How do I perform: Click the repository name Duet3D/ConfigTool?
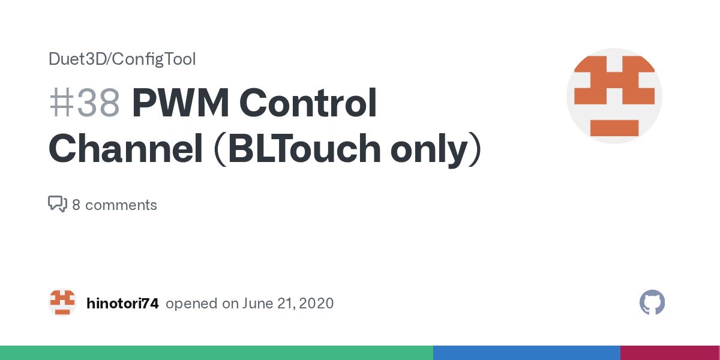pyautogui.click(x=122, y=59)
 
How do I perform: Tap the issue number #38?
pyautogui.click(x=85, y=103)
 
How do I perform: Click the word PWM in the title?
pyautogui.click(x=181, y=103)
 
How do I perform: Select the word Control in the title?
pyautogui.click(x=308, y=102)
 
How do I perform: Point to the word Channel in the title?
pyautogui.click(x=125, y=149)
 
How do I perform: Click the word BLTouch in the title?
pyautogui.click(x=304, y=149)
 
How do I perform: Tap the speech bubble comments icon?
pyautogui.click(x=58, y=204)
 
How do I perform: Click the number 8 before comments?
pyautogui.click(x=76, y=205)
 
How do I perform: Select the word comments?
pyautogui.click(x=121, y=205)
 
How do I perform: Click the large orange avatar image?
pyautogui.click(x=614, y=96)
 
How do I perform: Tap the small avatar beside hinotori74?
pyautogui.click(x=62, y=302)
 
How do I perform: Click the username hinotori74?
pyautogui.click(x=122, y=304)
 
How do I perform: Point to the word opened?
pyautogui.click(x=191, y=304)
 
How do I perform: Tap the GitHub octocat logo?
pyautogui.click(x=652, y=302)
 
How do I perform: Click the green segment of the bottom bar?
pyautogui.click(x=217, y=353)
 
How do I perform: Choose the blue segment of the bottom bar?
pyautogui.click(x=527, y=353)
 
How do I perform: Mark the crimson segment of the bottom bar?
pyautogui.click(x=670, y=353)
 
